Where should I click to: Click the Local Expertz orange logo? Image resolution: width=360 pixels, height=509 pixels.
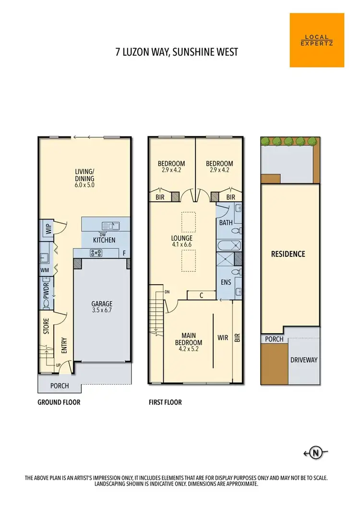click(x=317, y=40)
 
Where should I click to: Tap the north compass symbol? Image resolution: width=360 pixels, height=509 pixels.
click(x=316, y=452)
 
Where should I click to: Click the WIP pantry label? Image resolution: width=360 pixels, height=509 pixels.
click(x=48, y=229)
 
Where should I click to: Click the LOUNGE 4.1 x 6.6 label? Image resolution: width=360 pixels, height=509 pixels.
click(x=181, y=242)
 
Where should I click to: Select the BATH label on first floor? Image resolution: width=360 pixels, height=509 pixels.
click(x=226, y=223)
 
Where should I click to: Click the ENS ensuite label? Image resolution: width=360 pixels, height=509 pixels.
click(x=226, y=283)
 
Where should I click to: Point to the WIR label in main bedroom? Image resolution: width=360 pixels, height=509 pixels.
click(x=223, y=338)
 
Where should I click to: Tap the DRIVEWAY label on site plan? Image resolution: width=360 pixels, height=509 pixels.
click(x=304, y=360)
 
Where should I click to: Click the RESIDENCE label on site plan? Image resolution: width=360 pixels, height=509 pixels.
click(x=288, y=254)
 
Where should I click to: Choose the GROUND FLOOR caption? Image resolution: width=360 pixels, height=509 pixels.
click(x=59, y=402)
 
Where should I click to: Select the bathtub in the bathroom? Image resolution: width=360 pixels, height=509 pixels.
click(x=226, y=245)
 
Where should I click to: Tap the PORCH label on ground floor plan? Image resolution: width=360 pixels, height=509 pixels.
click(x=60, y=386)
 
